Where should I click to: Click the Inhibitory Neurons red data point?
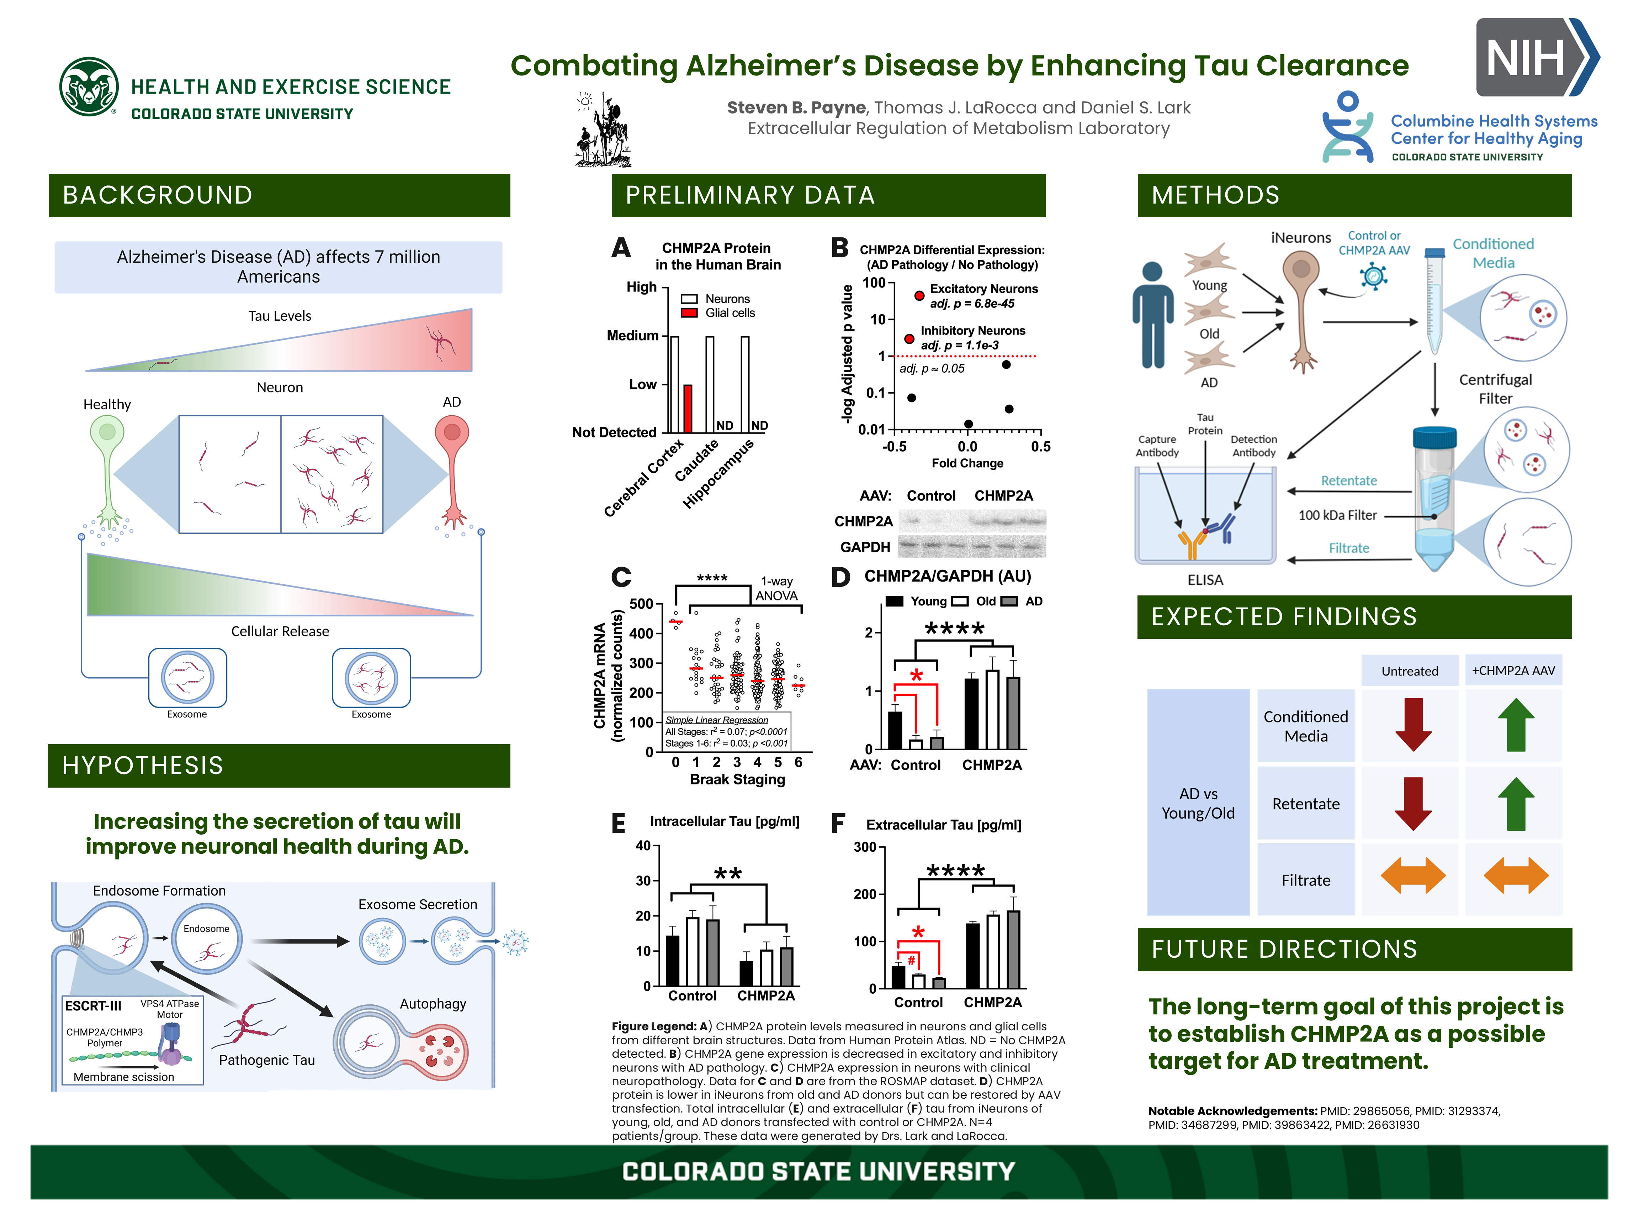coord(909,339)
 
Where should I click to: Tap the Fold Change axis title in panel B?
coord(967,463)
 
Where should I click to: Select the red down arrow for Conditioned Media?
coord(1413,724)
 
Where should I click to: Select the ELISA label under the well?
coord(1205,580)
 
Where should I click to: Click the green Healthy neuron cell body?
coord(107,431)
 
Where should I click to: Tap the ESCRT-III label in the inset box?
coord(93,1006)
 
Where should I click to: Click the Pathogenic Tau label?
coord(267,1060)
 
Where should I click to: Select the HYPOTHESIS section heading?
coord(142,765)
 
